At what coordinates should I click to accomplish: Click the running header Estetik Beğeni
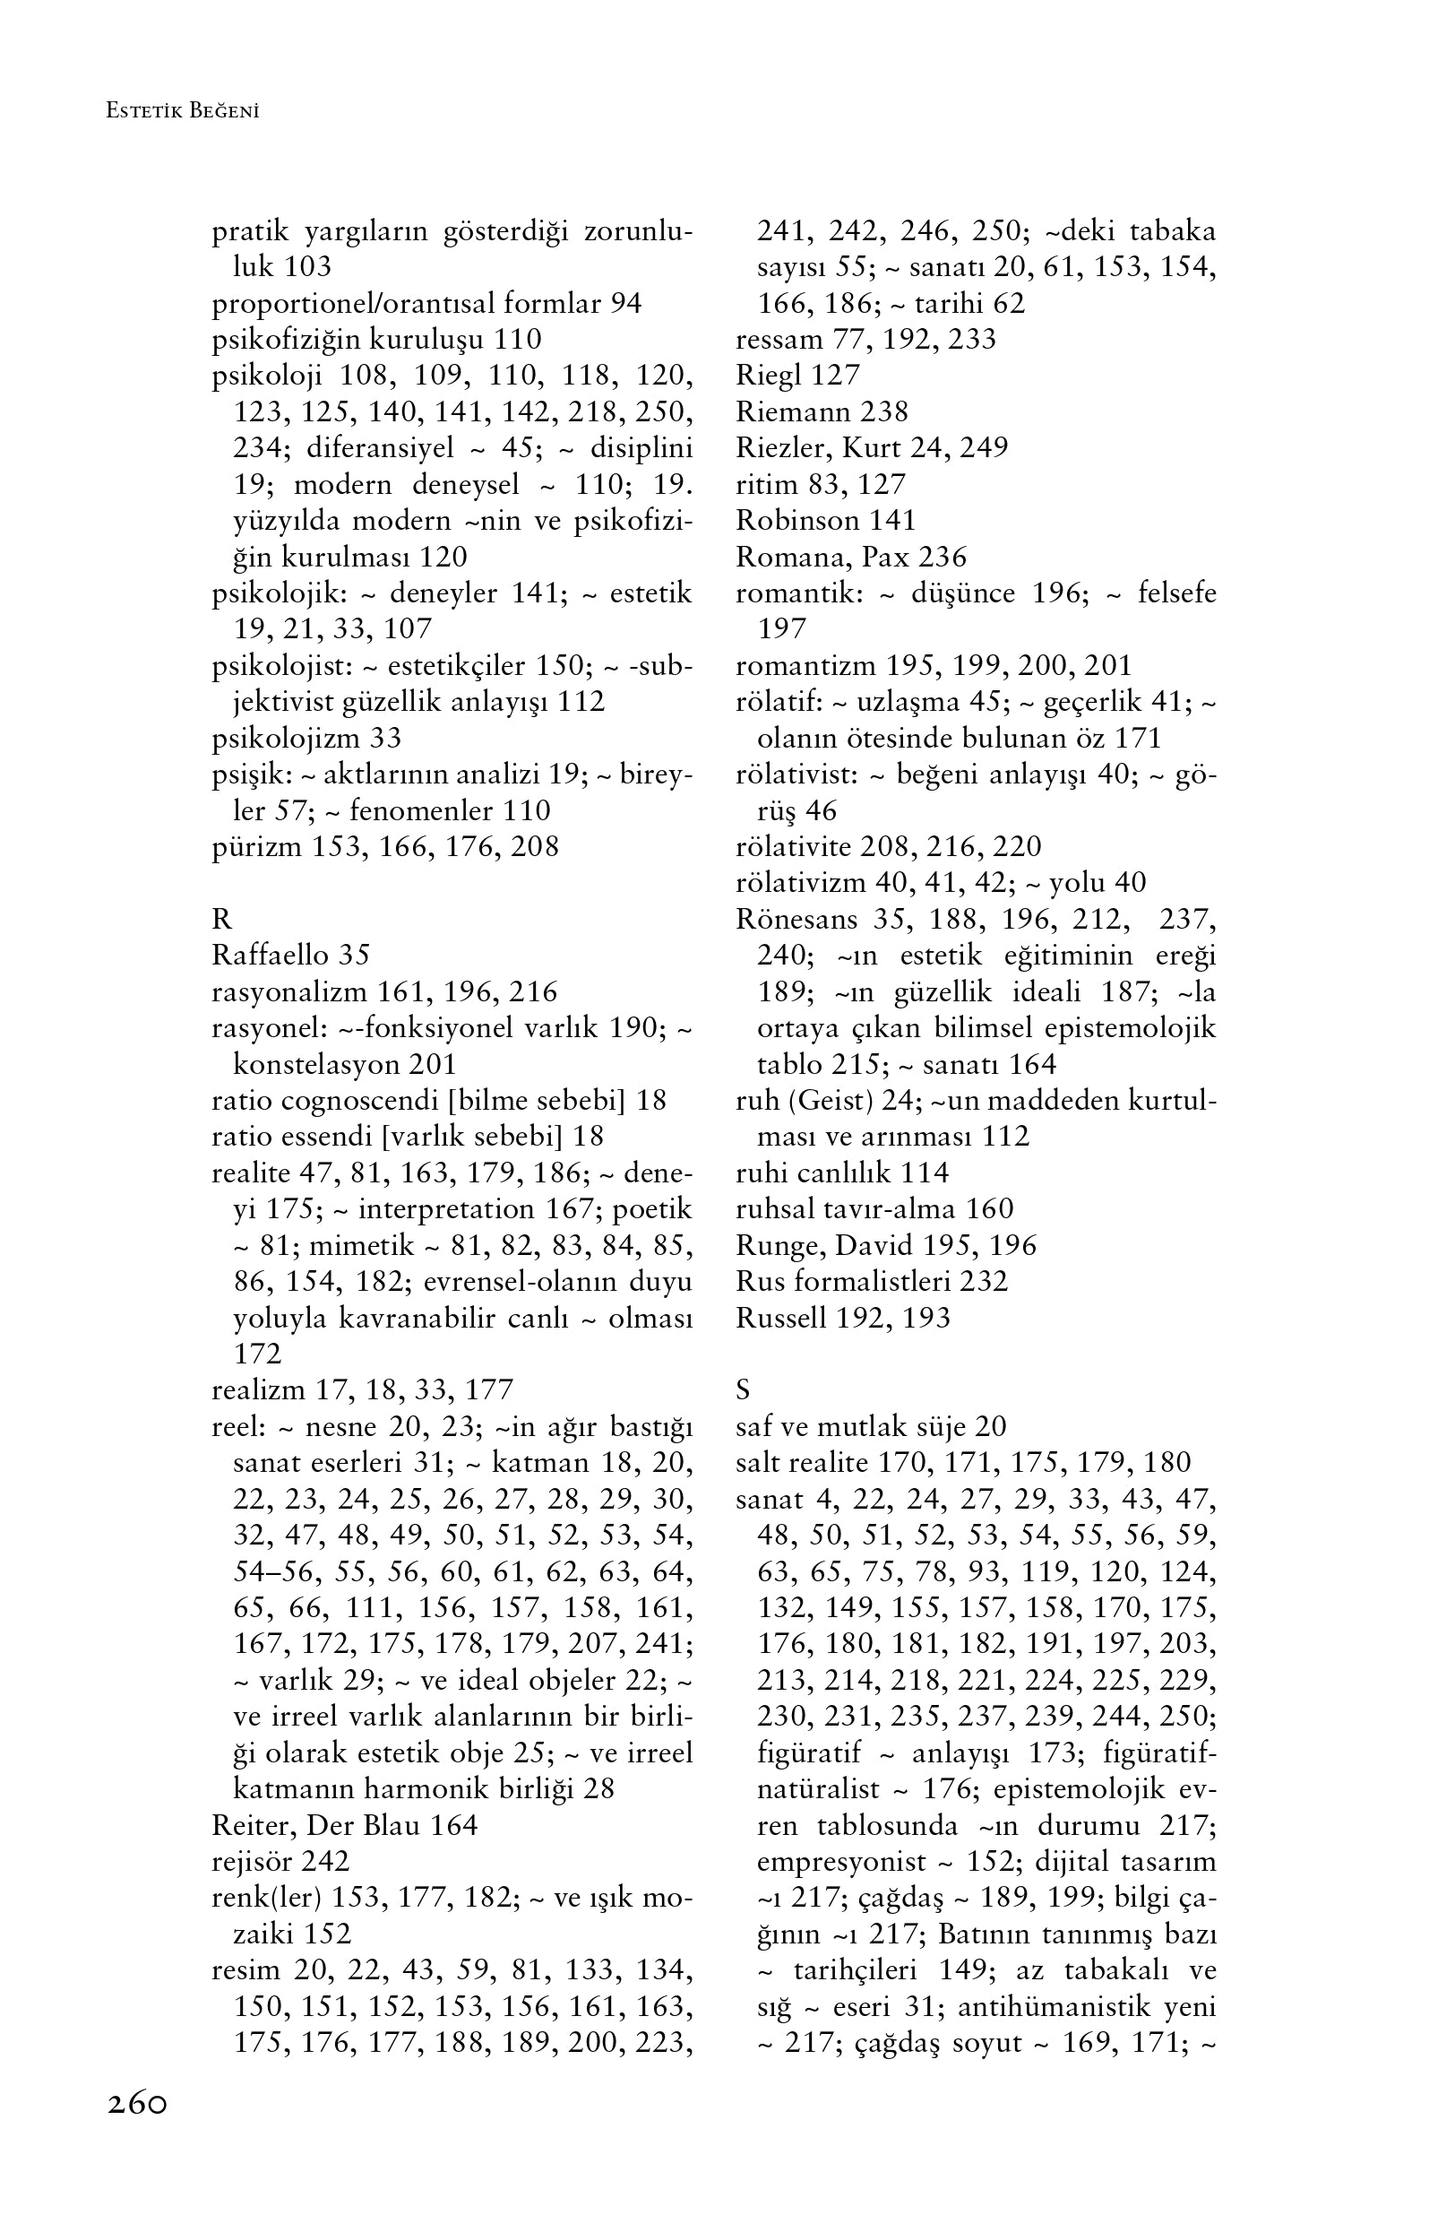(x=183, y=111)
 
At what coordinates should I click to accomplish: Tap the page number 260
(x=137, y=2103)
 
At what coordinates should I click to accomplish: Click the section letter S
(x=743, y=1390)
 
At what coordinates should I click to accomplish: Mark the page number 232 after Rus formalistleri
(x=984, y=1282)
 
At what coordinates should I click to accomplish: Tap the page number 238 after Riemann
(x=883, y=411)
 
